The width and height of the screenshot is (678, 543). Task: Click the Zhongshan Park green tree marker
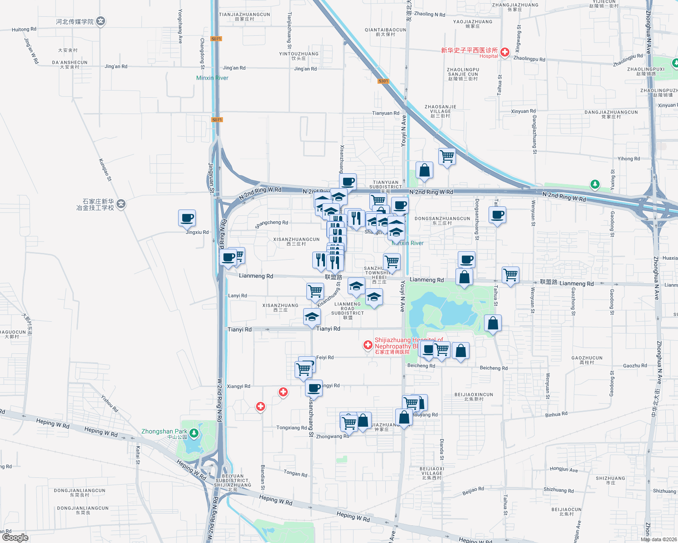coord(194,433)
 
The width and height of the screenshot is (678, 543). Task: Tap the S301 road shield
coord(383,81)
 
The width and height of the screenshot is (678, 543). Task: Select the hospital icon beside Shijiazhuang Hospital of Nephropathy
coord(368,345)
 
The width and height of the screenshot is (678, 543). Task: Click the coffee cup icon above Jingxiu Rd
coord(187,219)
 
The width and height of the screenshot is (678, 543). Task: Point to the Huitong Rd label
coord(24,29)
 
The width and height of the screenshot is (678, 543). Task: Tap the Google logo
coord(15,537)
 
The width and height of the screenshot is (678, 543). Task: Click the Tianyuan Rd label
coord(386,113)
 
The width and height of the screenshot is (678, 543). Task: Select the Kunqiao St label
coord(105,170)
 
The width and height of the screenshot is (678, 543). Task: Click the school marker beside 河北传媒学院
coord(101,21)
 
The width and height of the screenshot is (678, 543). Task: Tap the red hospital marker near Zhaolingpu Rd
coord(505,52)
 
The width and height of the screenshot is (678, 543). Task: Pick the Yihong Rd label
coord(629,159)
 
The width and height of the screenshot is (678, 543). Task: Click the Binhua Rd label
coord(556,414)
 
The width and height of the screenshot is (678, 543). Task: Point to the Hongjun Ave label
coord(564,469)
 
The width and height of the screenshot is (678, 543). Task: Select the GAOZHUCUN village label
coord(587,358)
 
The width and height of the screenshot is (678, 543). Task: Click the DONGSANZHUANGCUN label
coord(442,219)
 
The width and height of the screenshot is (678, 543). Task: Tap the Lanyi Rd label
coord(237,295)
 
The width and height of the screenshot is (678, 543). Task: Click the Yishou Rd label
coord(110,404)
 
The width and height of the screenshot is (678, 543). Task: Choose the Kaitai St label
coord(138,455)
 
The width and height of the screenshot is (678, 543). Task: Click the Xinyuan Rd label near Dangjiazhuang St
coord(523,111)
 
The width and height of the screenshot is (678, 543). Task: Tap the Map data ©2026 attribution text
coord(659,539)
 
